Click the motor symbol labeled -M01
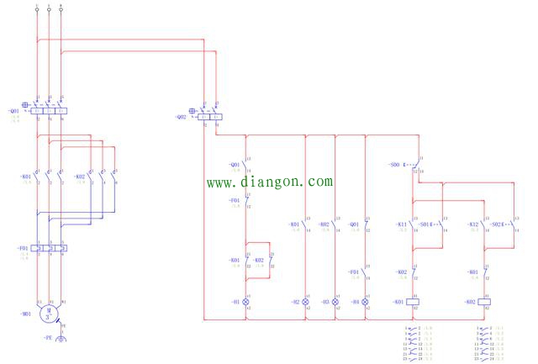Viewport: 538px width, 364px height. point(49,312)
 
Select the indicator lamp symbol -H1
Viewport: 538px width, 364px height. point(245,301)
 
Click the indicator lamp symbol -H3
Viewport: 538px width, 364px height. point(335,301)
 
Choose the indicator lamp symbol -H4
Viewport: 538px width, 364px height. point(365,301)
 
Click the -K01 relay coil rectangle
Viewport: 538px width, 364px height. point(413,301)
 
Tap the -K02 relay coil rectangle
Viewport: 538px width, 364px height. point(484,301)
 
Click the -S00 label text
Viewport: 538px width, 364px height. point(394,165)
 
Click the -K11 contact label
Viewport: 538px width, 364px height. point(401,224)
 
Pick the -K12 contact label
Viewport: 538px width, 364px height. point(472,224)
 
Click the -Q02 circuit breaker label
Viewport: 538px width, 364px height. point(181,117)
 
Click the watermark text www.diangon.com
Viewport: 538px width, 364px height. point(270,181)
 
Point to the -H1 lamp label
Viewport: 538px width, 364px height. point(234,301)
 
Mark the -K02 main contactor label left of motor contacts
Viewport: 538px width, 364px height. point(80,177)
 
